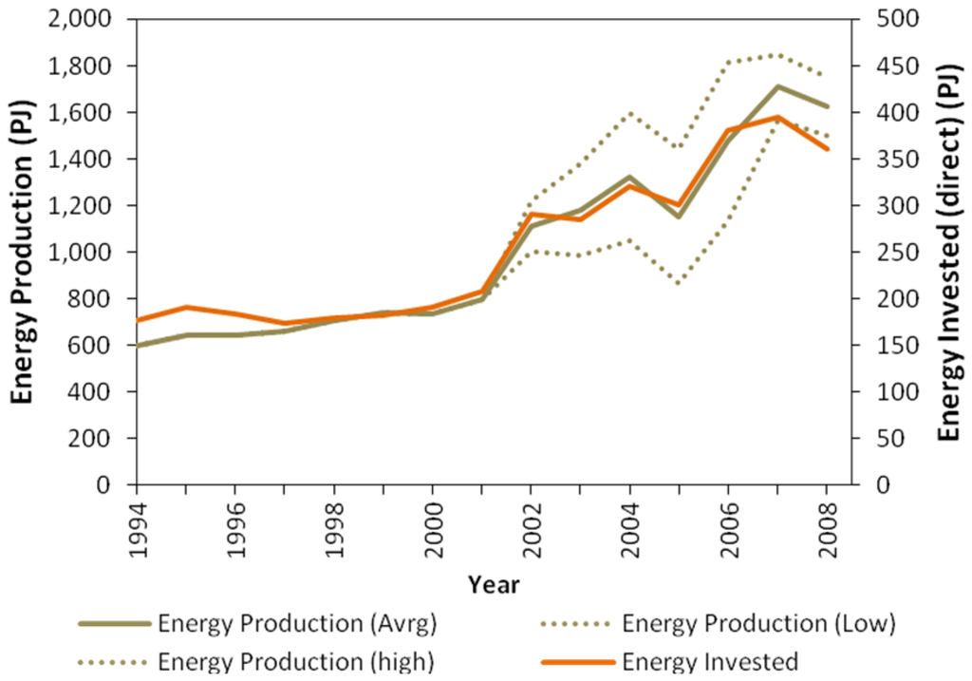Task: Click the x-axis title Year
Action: [x=493, y=585]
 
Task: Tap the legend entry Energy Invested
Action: [x=710, y=661]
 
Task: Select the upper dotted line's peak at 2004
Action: [x=630, y=112]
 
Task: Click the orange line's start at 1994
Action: [x=139, y=320]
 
